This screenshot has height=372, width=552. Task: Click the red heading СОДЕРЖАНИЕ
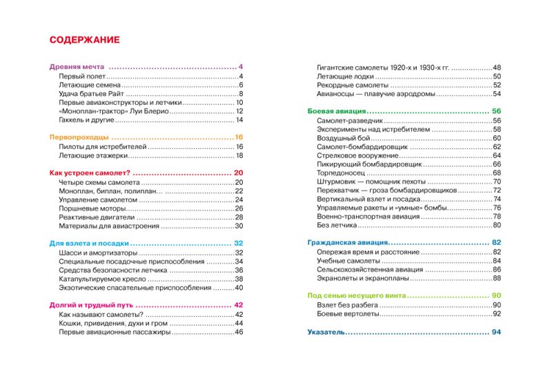tap(85, 40)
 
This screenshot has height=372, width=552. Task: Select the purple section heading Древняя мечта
tap(78, 67)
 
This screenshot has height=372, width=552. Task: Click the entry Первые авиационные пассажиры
tap(114, 332)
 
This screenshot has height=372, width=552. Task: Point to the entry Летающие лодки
tap(343, 76)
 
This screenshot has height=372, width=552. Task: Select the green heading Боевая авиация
tap(335, 111)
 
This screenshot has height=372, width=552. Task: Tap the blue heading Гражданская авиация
tap(347, 243)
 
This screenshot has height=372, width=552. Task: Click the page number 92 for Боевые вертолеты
tap(495, 314)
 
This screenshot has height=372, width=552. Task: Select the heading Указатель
tap(326, 332)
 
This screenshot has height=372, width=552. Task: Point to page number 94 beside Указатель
tap(495, 332)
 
